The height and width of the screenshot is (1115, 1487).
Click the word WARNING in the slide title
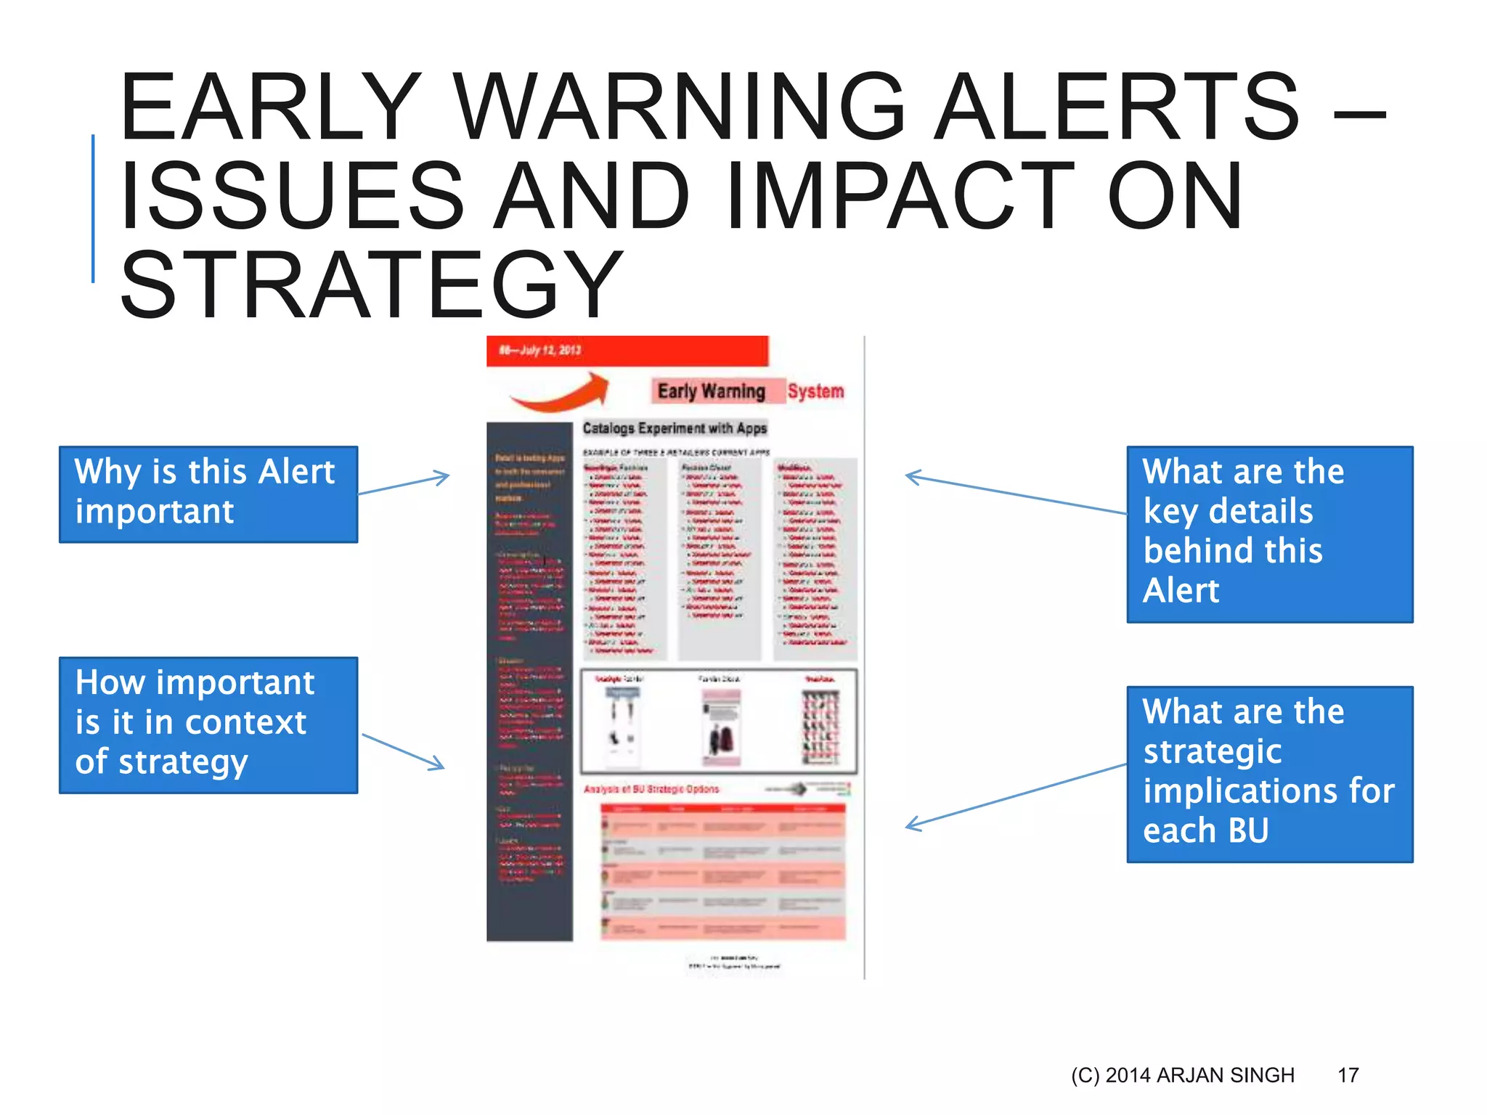coord(680,107)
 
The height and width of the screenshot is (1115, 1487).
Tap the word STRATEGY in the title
coord(371,285)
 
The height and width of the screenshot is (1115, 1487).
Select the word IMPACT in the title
coord(899,196)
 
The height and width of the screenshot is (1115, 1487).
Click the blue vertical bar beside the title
coord(93,208)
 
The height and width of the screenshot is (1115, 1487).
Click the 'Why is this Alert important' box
coord(208,494)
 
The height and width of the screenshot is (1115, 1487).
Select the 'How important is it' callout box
coord(208,724)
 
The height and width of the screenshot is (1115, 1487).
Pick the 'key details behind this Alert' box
coord(1269,534)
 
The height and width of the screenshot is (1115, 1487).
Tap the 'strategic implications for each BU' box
coord(1269,774)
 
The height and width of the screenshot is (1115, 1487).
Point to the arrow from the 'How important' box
coord(403,751)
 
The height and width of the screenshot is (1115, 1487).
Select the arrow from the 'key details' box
coord(1015,494)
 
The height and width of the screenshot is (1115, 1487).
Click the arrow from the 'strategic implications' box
coord(1015,796)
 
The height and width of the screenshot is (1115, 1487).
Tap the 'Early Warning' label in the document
coord(711,391)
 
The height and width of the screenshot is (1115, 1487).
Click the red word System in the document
coord(815,391)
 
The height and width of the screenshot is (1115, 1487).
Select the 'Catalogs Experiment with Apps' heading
coord(675,428)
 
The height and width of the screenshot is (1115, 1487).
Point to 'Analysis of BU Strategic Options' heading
coord(651,789)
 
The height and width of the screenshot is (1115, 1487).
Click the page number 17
coord(1348,1075)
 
